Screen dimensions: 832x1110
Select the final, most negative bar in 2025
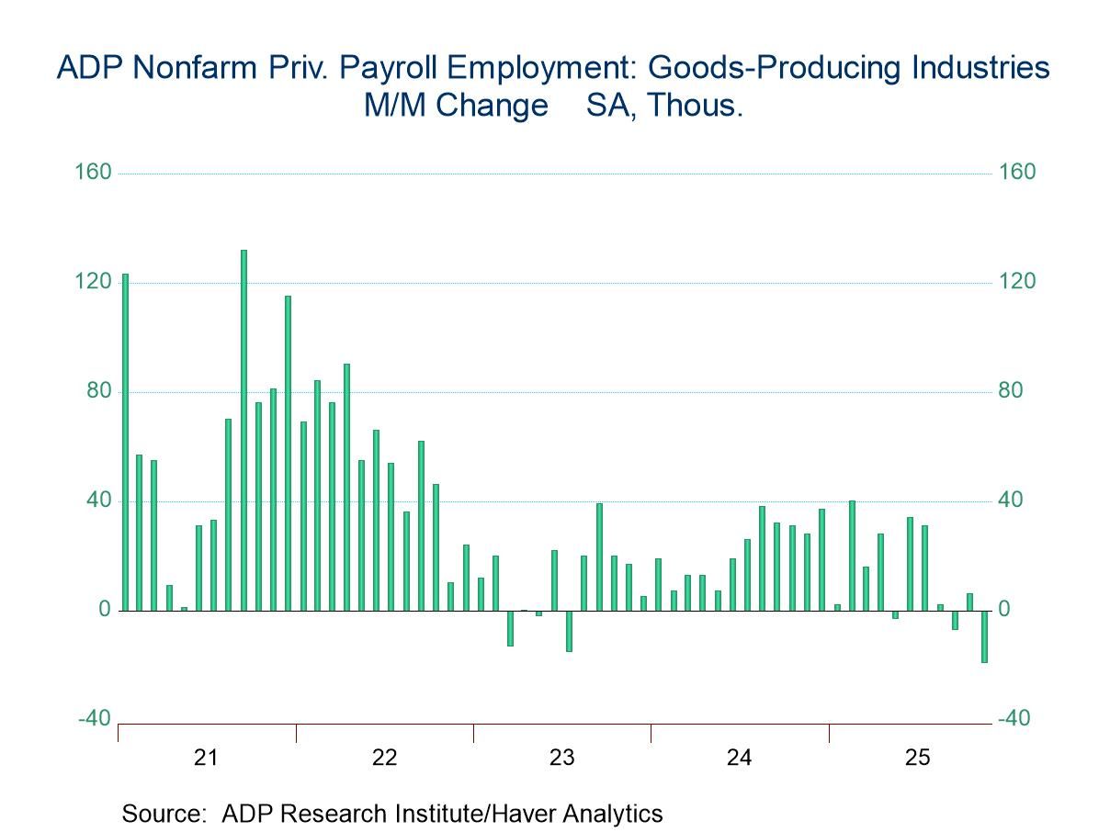pyautogui.click(x=983, y=635)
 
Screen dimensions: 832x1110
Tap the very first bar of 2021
pyautogui.click(x=125, y=442)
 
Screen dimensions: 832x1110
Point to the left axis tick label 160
pyautogui.click(x=93, y=173)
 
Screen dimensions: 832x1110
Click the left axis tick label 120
pyautogui.click(x=93, y=282)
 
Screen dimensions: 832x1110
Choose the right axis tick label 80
pyautogui.click(x=1011, y=391)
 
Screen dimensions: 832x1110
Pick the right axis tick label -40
pyautogui.click(x=1014, y=719)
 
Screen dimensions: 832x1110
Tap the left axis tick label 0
pyautogui.click(x=104, y=610)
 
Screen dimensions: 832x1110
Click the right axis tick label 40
pyautogui.click(x=1011, y=500)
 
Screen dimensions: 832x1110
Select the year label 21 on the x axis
pyautogui.click(x=207, y=758)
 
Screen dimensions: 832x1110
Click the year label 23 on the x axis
pyautogui.click(x=561, y=758)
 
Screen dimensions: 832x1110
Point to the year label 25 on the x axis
pyautogui.click(x=917, y=758)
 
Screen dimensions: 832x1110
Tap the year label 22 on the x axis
pyautogui.click(x=384, y=758)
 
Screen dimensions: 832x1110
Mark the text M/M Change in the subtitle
pyautogui.click(x=455, y=106)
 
